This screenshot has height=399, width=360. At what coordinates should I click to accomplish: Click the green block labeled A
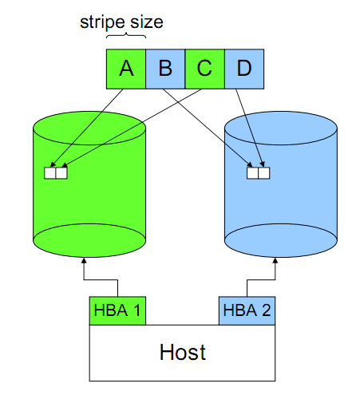(x=126, y=69)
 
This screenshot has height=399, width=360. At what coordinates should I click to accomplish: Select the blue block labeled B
(x=165, y=69)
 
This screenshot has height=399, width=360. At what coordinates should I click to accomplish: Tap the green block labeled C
(x=205, y=69)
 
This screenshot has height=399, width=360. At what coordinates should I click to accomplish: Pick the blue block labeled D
(x=244, y=69)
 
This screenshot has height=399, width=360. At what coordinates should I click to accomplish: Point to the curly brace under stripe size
(x=126, y=36)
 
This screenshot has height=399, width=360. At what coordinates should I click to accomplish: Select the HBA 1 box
(x=117, y=310)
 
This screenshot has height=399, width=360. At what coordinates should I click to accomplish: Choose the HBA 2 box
(x=247, y=310)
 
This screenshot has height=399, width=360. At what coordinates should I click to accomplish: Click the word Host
(x=183, y=352)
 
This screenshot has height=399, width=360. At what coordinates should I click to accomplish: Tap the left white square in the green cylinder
(x=50, y=173)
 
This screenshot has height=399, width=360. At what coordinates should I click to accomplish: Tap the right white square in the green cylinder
(x=61, y=173)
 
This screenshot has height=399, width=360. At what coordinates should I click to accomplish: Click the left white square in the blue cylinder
(x=253, y=173)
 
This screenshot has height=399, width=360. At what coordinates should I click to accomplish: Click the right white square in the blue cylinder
(x=264, y=173)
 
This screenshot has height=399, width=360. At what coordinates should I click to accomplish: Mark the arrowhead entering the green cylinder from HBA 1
(x=84, y=260)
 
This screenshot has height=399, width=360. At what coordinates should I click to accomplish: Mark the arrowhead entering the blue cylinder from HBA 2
(x=275, y=260)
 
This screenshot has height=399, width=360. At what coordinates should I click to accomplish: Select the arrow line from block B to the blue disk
(x=208, y=128)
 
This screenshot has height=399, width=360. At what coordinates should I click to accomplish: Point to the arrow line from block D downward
(x=250, y=128)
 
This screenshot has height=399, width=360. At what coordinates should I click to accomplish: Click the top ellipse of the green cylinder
(x=89, y=128)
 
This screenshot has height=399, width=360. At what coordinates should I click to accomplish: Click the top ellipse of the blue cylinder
(x=281, y=128)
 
